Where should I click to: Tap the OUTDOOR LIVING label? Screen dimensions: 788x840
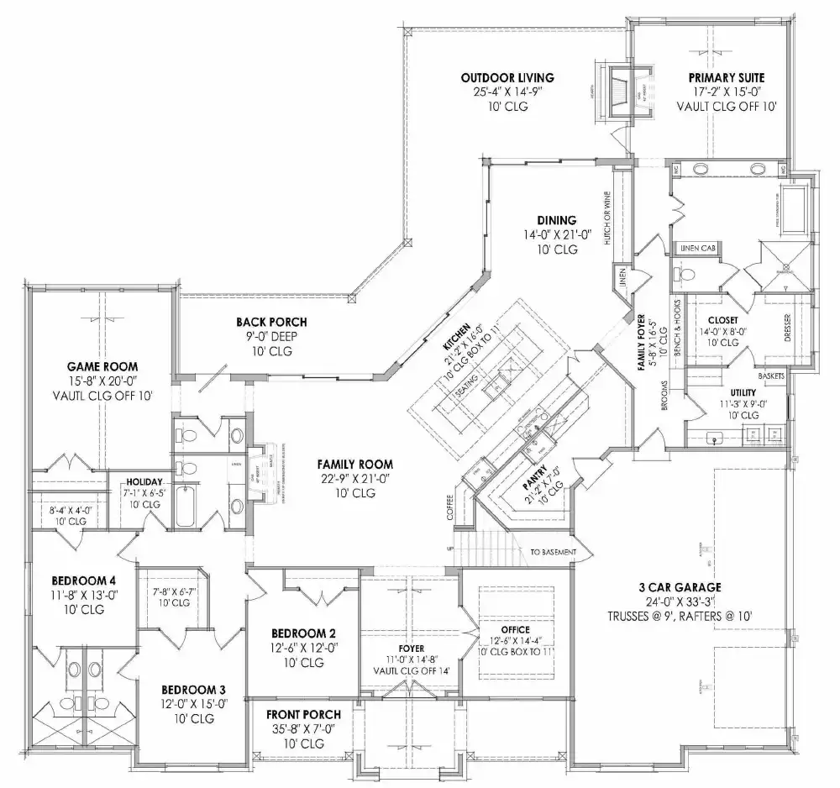click(x=507, y=78)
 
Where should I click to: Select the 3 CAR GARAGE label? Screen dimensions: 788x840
click(x=680, y=586)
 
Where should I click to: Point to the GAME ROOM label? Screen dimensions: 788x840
click(x=102, y=366)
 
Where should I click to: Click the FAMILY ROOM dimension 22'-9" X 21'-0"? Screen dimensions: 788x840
click(x=354, y=478)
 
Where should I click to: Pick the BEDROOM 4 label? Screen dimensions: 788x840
click(x=83, y=580)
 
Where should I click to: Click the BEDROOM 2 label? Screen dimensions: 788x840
click(x=304, y=633)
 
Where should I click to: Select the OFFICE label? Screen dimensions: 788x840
click(x=514, y=629)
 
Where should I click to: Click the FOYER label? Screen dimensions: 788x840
click(x=412, y=649)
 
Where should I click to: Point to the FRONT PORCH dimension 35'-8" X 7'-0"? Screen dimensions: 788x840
click(x=300, y=729)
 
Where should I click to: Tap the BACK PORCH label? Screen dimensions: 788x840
click(x=270, y=322)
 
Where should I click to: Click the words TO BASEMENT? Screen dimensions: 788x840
click(x=553, y=552)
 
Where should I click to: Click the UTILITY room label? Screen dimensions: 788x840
click(x=743, y=392)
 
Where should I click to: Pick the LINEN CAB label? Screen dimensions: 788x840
click(x=696, y=247)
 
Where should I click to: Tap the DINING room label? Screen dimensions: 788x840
click(x=557, y=220)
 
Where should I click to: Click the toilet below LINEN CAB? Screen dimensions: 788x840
click(x=684, y=273)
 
